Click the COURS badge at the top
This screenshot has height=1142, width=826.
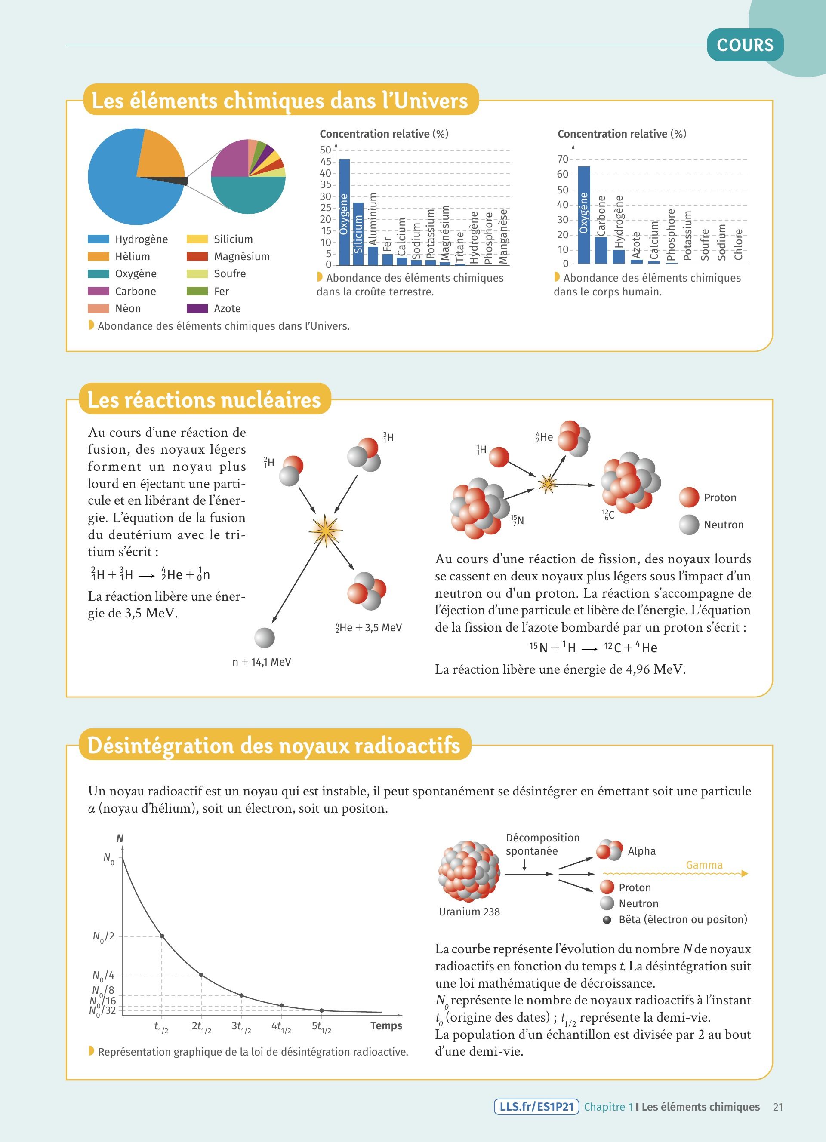tap(745, 45)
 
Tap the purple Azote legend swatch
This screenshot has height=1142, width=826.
tap(197, 308)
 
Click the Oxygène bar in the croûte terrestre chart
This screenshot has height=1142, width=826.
tap(344, 212)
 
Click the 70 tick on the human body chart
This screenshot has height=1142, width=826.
tap(563, 159)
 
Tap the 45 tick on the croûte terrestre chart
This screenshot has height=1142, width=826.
tap(326, 162)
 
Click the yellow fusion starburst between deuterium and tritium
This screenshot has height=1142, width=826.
tap(325, 530)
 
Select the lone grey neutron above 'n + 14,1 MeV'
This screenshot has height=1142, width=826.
tap(265, 638)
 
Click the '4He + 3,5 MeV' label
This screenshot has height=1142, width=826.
tap(369, 627)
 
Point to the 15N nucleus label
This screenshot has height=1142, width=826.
tap(517, 520)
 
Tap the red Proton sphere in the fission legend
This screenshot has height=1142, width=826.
tap(688, 497)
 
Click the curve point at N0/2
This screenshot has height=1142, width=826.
tap(162, 936)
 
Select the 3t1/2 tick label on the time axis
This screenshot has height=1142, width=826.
tap(241, 1026)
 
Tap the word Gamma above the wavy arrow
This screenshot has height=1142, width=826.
tap(704, 865)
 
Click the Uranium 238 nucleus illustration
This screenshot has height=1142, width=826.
tap(469, 871)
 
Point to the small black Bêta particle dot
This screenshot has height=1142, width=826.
tap(607, 919)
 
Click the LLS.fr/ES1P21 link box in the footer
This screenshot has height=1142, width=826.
tap(536, 1107)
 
